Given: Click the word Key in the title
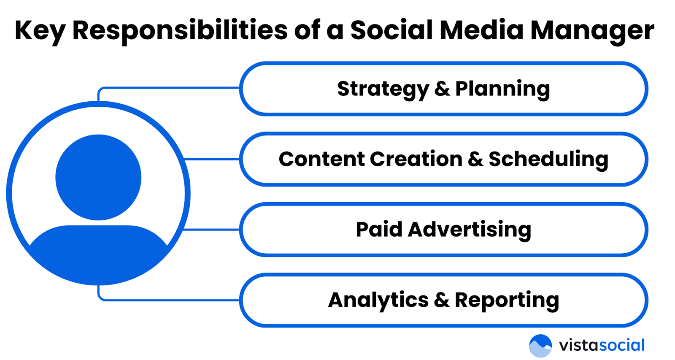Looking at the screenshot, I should coord(40,31).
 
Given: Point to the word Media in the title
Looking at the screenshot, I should coord(481,30).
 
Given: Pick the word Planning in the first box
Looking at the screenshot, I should coord(502,89).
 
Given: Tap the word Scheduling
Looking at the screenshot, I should coord(548,160).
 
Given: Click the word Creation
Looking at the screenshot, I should coord(416,159).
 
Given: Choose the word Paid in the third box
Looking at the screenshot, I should coord(379,230).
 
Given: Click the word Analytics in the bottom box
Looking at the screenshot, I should coord(378,300).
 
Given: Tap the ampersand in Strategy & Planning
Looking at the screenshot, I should coord(442,89).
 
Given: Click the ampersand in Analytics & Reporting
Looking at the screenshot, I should coord(442,300).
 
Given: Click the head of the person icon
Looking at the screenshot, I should coord(98,177).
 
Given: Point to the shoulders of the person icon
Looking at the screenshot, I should coord(98,249).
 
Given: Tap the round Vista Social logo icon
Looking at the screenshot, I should coord(540,346).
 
